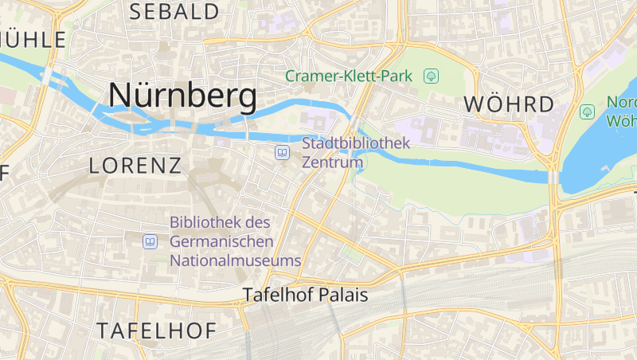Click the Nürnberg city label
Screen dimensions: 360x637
182,96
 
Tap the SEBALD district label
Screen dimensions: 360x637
174,12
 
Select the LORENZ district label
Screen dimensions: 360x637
135,166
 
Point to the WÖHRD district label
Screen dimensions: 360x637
508,104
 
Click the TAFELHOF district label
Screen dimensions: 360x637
156,330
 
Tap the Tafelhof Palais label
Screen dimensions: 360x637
305,295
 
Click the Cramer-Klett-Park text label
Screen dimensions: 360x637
349,76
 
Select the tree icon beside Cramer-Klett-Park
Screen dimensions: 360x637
431,76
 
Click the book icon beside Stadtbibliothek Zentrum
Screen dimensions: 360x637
282,152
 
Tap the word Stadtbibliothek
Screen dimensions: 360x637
355,143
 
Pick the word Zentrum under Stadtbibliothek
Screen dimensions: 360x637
332,162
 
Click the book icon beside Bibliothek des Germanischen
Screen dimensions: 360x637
150,241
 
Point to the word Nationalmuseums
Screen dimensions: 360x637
236,260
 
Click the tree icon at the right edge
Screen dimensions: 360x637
588,112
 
